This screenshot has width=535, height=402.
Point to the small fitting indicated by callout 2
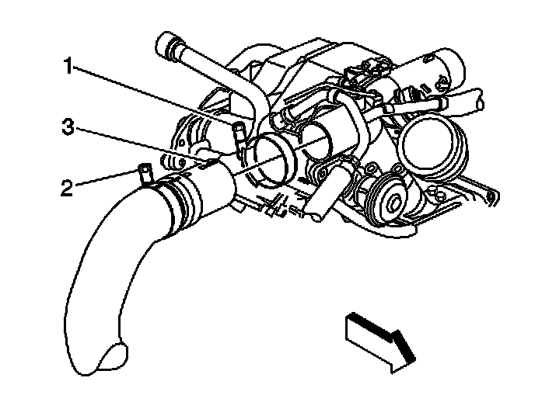tap(143, 172)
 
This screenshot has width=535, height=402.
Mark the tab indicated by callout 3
tap(208, 161)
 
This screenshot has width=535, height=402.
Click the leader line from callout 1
tap(156, 96)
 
